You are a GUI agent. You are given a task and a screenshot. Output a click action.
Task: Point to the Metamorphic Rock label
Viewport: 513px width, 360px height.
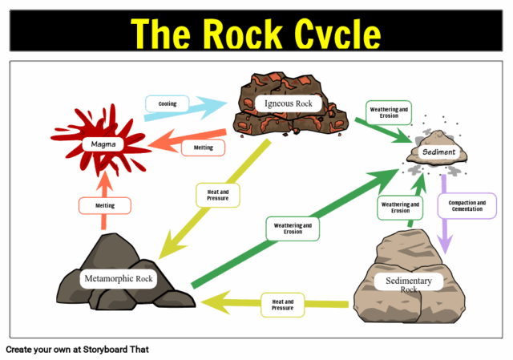[118, 279]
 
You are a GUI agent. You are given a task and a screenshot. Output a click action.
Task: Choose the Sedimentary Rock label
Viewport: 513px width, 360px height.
[409, 285]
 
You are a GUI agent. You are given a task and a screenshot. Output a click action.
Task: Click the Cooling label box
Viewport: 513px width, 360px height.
[167, 103]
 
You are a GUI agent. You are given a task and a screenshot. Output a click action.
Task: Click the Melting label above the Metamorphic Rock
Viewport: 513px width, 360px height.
[105, 205]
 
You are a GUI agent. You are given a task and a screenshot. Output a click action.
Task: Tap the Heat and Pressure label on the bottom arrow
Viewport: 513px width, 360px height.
[283, 305]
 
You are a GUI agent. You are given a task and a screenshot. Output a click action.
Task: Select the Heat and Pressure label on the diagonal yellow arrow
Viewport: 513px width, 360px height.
[218, 194]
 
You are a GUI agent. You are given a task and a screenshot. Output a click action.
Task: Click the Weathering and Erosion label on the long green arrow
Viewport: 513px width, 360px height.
[293, 228]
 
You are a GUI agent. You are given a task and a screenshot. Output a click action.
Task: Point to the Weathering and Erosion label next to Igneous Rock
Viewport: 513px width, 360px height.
[388, 111]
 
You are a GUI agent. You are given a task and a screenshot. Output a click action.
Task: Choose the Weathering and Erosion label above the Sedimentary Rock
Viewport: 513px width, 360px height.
[400, 208]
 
